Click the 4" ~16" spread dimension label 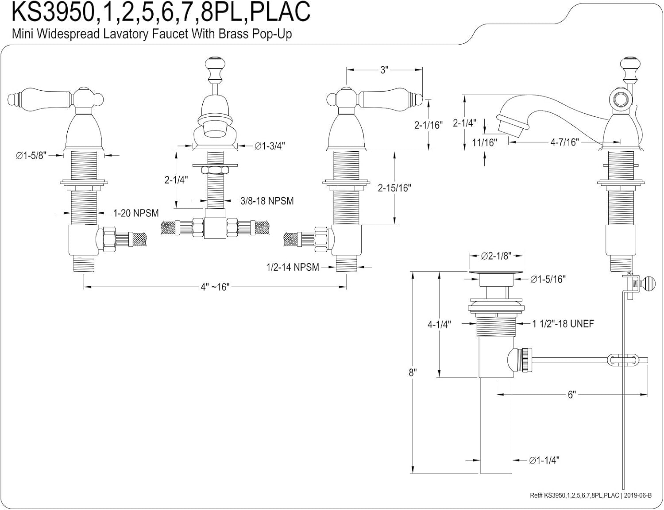pyautogui.click(x=214, y=287)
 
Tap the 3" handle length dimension pyautogui.click(x=384, y=69)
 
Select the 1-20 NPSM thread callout pyautogui.click(x=136, y=213)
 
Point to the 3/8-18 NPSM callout pyautogui.click(x=267, y=201)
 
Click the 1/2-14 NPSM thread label pyautogui.click(x=293, y=267)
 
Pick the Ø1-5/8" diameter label pyautogui.click(x=31, y=156)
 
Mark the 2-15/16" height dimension pyautogui.click(x=394, y=188)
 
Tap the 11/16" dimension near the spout pyautogui.click(x=484, y=142)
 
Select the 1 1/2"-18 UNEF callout pyautogui.click(x=563, y=324)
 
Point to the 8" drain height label pyautogui.click(x=413, y=372)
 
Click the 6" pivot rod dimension pyautogui.click(x=571, y=395)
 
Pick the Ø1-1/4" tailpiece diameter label pyautogui.click(x=544, y=460)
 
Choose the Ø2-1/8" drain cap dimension pyautogui.click(x=496, y=256)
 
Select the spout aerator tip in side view pyautogui.click(x=512, y=124)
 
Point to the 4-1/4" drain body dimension pyautogui.click(x=439, y=324)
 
